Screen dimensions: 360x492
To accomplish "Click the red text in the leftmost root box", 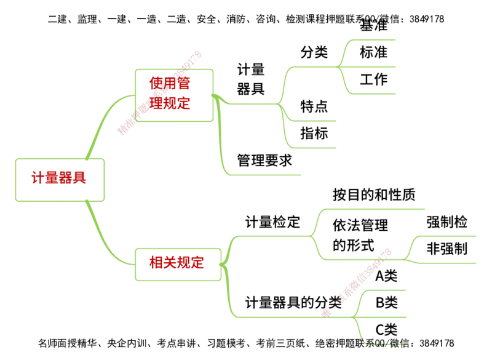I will coord(60,178).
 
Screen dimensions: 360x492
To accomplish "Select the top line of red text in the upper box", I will coord(170,83).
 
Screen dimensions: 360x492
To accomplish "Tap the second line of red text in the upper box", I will coord(170,103).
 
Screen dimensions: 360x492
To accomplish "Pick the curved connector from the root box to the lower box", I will coord(105,237).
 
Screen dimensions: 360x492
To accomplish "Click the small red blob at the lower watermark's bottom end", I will coord(327,313).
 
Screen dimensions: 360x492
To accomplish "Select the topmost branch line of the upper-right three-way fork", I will coord(372,39).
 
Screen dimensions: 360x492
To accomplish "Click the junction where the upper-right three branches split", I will coord(341,66).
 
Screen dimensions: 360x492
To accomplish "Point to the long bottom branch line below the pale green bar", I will coord(264,174).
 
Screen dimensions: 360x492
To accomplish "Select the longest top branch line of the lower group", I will coord(375,210).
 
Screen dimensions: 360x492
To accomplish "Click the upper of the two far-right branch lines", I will coord(446,235).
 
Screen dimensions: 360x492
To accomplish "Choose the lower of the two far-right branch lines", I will coord(446,263).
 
